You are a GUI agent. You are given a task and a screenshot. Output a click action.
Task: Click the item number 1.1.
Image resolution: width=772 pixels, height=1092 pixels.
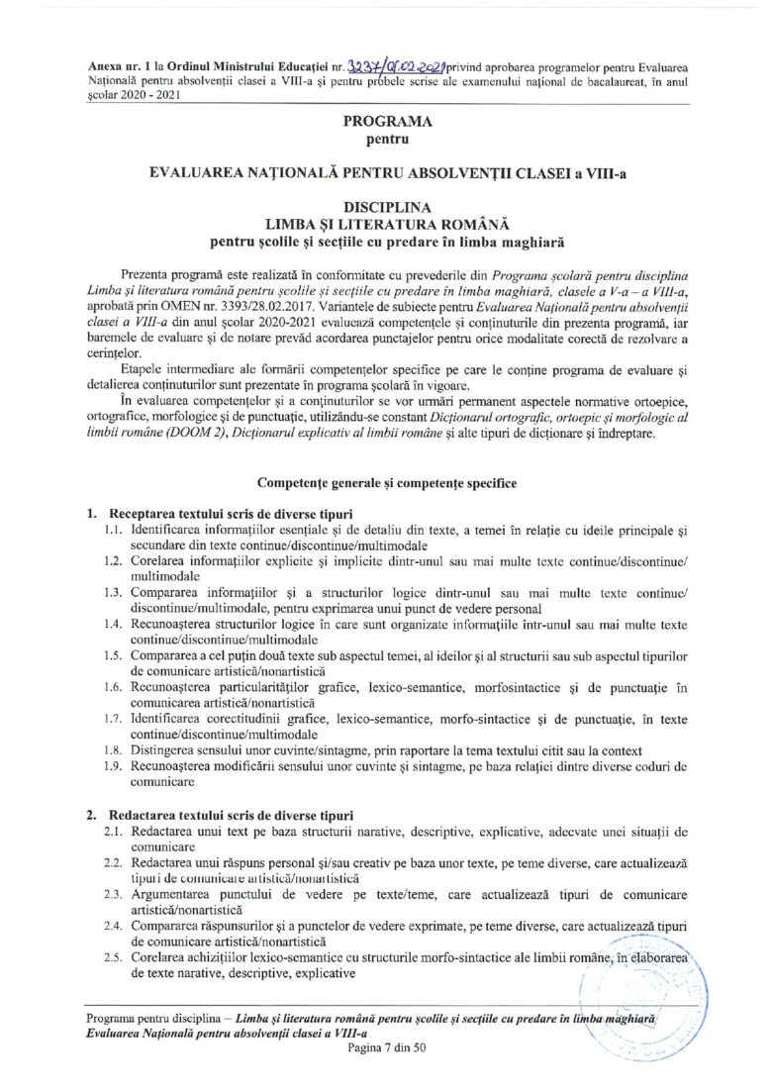pos(114,531)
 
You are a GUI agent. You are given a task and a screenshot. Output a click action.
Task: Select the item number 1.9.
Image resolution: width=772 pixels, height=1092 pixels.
pos(114,765)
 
